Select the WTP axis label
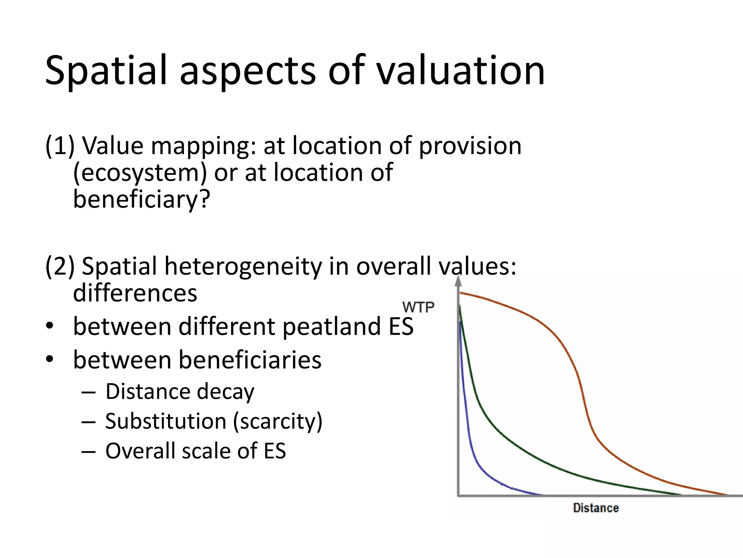tap(418, 308)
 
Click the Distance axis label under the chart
tap(596, 508)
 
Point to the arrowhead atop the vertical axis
tap(459, 280)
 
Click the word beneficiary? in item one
tap(141, 199)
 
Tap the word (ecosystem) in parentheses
tap(140, 173)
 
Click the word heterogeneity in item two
tap(243, 266)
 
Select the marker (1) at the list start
tap(59, 146)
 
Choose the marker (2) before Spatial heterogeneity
tap(59, 266)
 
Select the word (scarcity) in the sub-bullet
tap(278, 422)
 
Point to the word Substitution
tap(166, 421)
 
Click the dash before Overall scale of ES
tap(89, 452)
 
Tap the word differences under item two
tap(135, 293)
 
